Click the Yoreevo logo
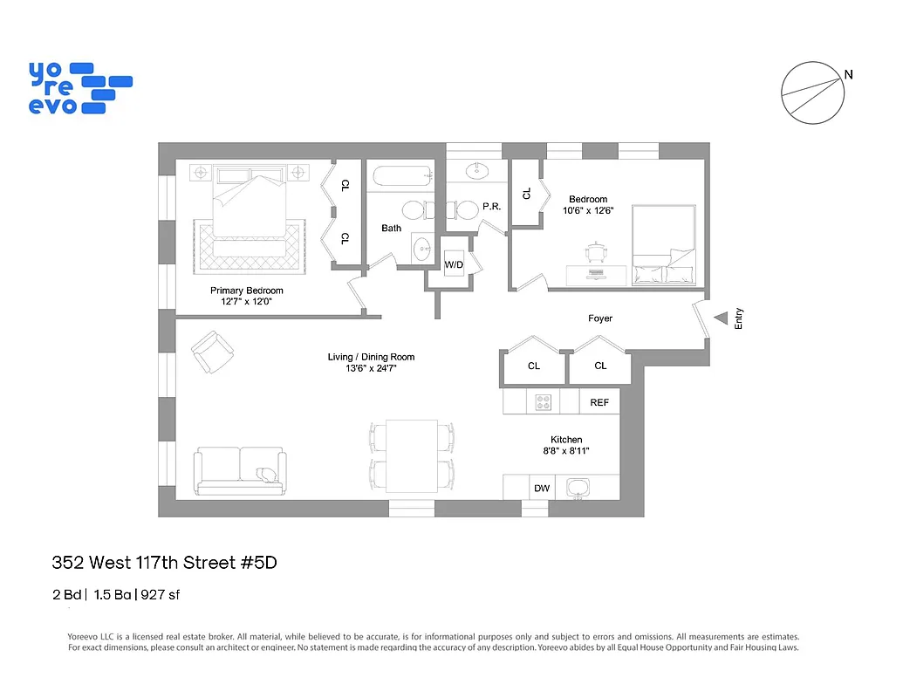[x=80, y=87]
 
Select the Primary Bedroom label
[x=246, y=291]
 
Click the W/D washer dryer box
[x=454, y=264]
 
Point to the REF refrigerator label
[x=599, y=402]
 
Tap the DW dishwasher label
[x=542, y=489]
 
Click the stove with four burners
[x=544, y=402]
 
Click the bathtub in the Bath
[x=401, y=177]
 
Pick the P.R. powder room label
[x=491, y=207]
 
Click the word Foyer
[x=600, y=318]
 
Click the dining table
[x=412, y=455]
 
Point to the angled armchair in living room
[x=212, y=352]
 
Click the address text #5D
[x=258, y=563]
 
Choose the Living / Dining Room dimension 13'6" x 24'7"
[x=371, y=368]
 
